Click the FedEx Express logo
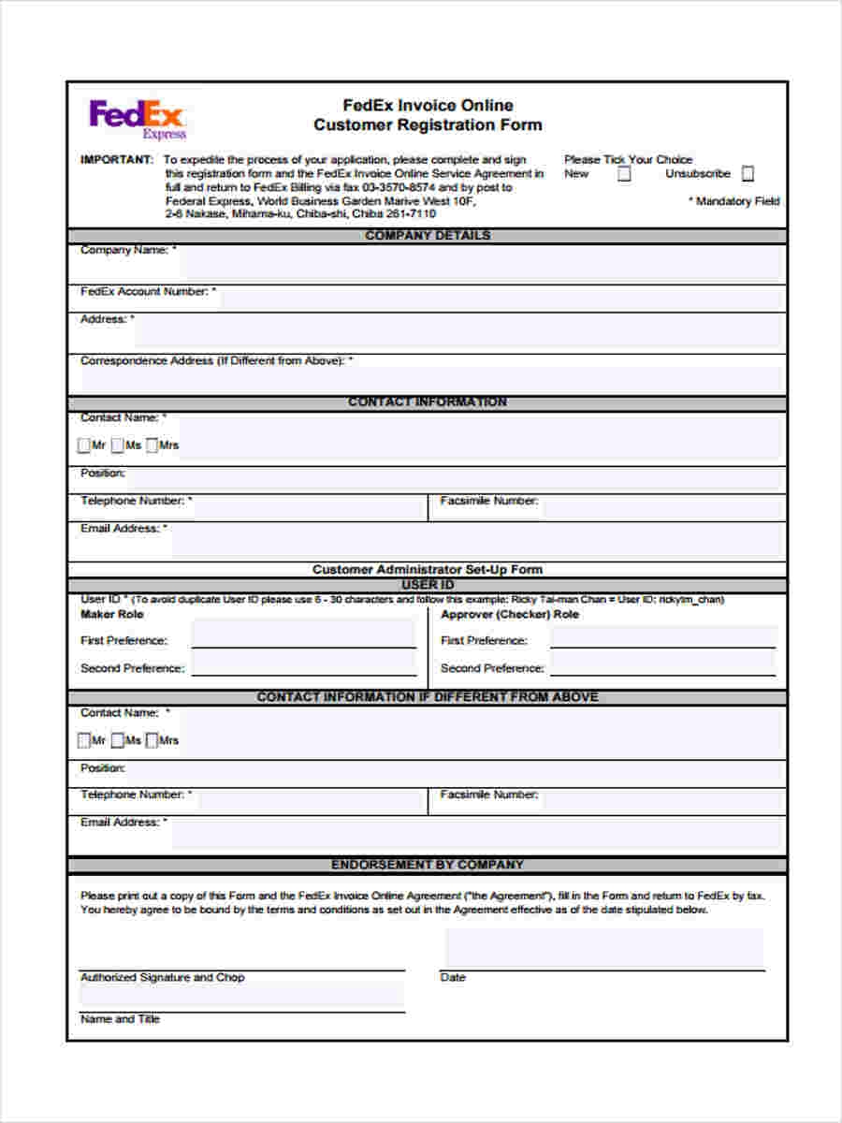[x=138, y=118]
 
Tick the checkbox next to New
[x=624, y=174]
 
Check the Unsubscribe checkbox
[x=748, y=174]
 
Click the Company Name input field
[x=477, y=264]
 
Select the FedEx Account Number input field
[x=501, y=298]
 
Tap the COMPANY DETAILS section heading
[x=427, y=236]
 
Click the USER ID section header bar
[x=427, y=585]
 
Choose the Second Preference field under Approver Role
[x=662, y=664]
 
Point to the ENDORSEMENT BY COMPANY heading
[x=427, y=865]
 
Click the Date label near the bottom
[x=453, y=978]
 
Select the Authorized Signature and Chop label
[x=162, y=978]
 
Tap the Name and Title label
[x=120, y=1019]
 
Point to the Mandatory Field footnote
[x=733, y=201]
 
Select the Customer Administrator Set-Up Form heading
[x=427, y=569]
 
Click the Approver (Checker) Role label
[x=509, y=615]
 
